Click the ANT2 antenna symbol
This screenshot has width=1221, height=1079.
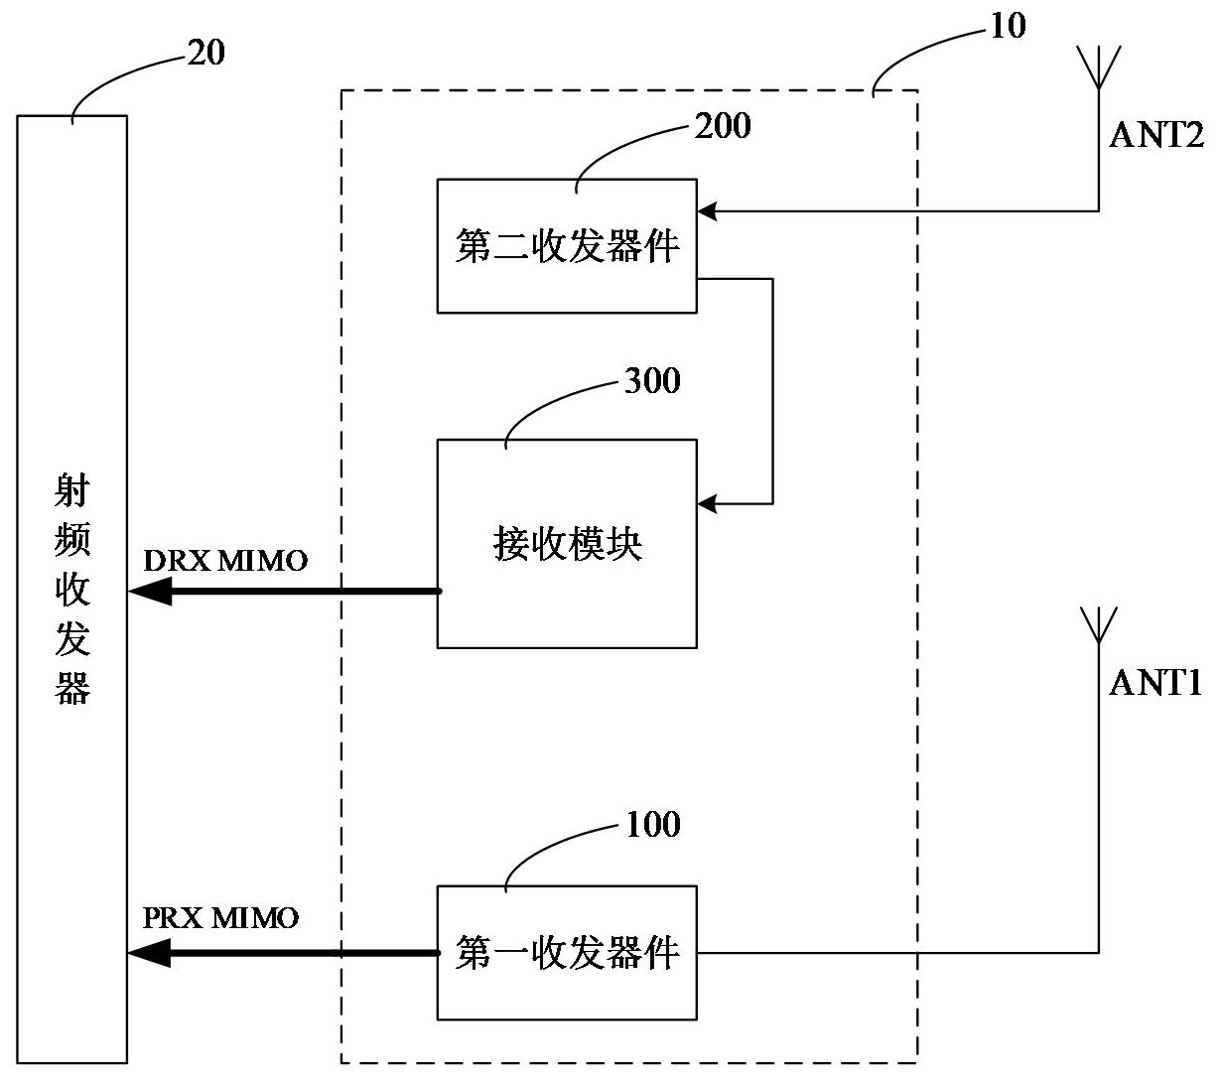click(x=1099, y=67)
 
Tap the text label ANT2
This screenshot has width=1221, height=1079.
click(x=1155, y=135)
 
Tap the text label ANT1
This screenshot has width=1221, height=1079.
click(x=1155, y=683)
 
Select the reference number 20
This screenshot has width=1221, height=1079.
click(x=205, y=53)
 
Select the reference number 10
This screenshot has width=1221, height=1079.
click(x=1008, y=26)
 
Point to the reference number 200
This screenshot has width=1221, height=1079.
click(x=722, y=126)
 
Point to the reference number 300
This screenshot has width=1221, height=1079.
click(x=652, y=381)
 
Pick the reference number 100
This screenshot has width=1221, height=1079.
click(x=652, y=825)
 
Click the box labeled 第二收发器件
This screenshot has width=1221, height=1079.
click(x=567, y=246)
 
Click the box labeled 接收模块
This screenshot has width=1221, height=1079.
click(x=567, y=544)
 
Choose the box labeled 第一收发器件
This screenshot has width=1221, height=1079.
click(x=567, y=953)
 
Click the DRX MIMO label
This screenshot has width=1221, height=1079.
click(x=226, y=561)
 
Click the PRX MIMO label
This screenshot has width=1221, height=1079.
click(x=220, y=917)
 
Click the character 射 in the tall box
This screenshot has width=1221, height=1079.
click(x=72, y=491)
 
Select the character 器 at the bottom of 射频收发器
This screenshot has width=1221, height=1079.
click(x=72, y=688)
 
